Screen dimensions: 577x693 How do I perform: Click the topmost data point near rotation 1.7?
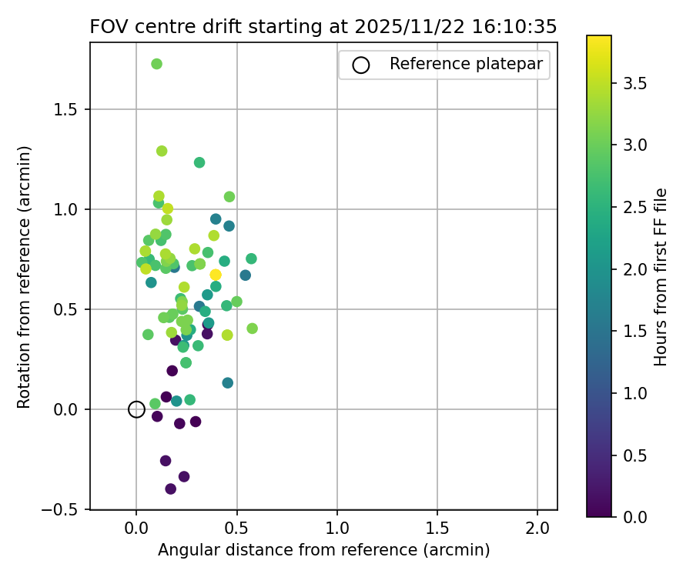156,64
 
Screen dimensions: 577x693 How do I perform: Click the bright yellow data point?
216,275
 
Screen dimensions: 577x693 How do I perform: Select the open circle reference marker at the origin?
136,409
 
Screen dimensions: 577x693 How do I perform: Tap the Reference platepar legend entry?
444,65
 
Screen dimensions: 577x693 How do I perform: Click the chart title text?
323,27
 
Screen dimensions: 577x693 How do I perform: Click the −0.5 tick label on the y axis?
65,509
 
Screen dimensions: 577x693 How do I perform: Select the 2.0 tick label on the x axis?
537,529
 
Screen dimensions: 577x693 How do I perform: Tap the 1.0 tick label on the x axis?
337,529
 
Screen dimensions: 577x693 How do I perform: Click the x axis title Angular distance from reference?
323,550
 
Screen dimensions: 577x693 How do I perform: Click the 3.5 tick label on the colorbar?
632,83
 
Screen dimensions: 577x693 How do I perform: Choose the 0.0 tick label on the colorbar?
632,517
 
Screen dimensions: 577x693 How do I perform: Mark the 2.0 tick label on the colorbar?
632,269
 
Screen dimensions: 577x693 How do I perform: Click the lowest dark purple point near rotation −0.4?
171,489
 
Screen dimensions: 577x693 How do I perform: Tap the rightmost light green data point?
252,329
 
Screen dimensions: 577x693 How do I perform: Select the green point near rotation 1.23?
199,162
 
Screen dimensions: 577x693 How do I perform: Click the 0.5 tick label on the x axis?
237,529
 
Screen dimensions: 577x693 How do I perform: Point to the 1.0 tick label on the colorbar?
632,393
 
